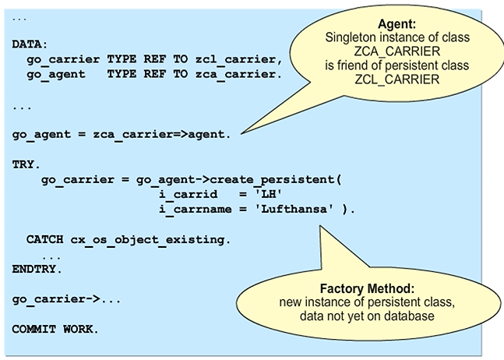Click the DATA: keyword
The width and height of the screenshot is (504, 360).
pyautogui.click(x=30, y=44)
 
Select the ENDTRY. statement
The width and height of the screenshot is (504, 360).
pyautogui.click(x=36, y=269)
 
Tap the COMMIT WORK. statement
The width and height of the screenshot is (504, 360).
pyautogui.click(x=55, y=329)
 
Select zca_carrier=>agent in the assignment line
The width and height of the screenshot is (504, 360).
pyautogui.click(x=160, y=134)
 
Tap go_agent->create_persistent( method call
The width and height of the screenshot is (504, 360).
pyautogui.click(x=239, y=180)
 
